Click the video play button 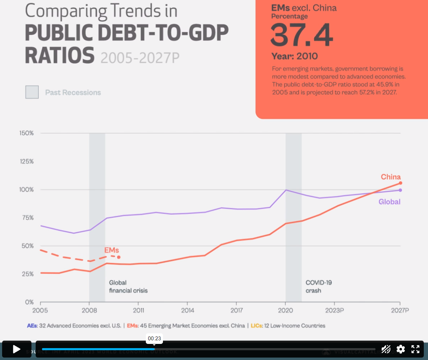coord(16,349)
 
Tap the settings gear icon coord(401,349)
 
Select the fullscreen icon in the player coord(415,349)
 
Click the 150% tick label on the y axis coord(27,133)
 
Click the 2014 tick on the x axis coord(187,310)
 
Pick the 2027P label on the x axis coord(400,310)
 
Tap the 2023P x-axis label coord(335,310)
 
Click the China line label coord(391,177)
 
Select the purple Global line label coord(389,202)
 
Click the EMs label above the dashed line coord(112,250)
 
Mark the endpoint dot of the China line coord(400,183)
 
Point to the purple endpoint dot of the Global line coord(400,190)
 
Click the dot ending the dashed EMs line coord(119,257)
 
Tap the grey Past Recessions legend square coord(32,92)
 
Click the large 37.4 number coord(302,35)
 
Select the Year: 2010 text coord(294,56)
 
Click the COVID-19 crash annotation coord(319,287)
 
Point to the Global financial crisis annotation coord(128,287)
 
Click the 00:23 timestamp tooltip coord(154,338)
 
